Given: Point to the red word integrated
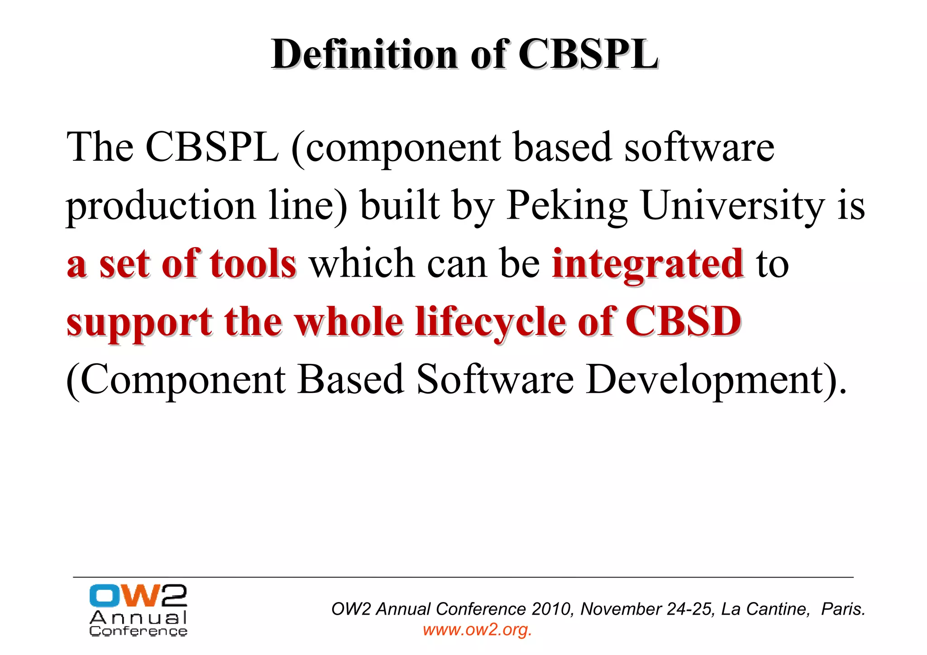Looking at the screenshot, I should pos(647,264).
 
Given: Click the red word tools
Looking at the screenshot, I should pos(253,264).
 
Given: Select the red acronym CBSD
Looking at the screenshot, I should pos(683,322).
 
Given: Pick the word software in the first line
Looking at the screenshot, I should pos(699,148).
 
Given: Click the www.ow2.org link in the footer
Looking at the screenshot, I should pos(477,630).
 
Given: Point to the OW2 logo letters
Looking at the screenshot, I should pos(138,596).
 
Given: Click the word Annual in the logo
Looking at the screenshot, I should pos(138,618).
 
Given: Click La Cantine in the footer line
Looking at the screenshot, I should pos(765,609).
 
